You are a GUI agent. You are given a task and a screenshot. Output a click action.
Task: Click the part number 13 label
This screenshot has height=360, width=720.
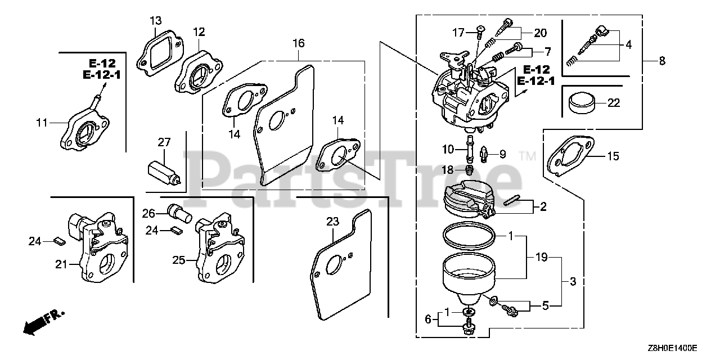[x=155, y=21]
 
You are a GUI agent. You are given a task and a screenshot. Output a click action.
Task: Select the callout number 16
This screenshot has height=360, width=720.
[x=299, y=43]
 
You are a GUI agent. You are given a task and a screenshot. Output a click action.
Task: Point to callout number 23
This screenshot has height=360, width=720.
[x=333, y=222]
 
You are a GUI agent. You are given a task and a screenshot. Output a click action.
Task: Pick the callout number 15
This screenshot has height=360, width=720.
[x=613, y=156]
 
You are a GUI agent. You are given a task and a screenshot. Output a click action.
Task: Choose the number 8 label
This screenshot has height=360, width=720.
[x=661, y=61]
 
